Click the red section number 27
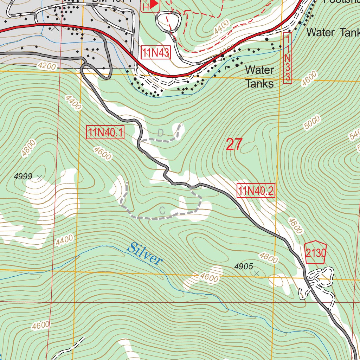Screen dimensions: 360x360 coord(234,144)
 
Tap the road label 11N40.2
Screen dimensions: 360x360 coord(256,191)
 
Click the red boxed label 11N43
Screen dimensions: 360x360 coord(156,53)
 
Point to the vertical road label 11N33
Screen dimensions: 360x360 coord(288,58)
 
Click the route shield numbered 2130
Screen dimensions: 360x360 coord(315,253)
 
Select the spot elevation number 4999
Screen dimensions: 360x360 coord(23,177)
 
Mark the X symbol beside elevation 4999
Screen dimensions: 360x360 coord(39,178)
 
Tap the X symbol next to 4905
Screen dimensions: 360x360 coord(257,273)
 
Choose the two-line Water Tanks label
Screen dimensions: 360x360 coord(259,77)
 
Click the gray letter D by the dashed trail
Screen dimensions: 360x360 coord(160,133)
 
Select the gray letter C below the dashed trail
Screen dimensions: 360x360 coord(162,211)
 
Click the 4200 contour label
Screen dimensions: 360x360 coord(46,66)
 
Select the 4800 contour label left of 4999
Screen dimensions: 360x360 coord(28,148)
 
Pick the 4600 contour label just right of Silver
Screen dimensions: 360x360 coord(209,278)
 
